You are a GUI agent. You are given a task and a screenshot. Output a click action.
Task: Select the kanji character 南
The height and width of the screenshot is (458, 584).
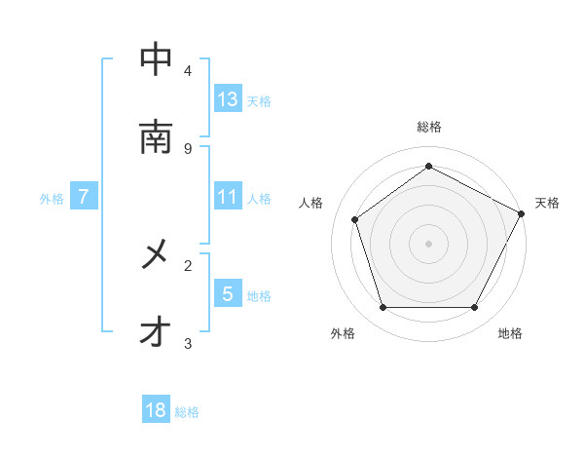156,136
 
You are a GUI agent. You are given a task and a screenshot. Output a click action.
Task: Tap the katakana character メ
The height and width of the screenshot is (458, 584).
156,255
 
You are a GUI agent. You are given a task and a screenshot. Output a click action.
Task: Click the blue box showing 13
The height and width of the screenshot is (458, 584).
228,98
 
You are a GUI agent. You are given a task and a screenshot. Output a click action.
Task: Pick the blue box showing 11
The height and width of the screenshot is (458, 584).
228,197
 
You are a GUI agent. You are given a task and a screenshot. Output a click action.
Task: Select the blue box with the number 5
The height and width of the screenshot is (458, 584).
228,293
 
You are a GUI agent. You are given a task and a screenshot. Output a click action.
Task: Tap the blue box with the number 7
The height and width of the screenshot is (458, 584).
84,197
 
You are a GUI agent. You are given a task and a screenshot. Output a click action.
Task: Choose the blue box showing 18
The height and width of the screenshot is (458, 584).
156,410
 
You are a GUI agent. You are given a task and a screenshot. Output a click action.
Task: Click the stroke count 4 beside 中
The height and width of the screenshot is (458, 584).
188,70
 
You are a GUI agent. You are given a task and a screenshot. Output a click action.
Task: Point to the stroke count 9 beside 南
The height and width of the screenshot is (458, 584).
188,148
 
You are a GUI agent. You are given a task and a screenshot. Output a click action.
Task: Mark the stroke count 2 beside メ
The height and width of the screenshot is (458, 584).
188,265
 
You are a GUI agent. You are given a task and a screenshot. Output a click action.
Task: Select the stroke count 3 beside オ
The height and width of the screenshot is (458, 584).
188,343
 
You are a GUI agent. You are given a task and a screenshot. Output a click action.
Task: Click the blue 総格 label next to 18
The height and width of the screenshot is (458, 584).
187,412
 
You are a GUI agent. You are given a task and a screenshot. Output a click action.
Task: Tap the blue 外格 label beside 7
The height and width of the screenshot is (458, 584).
52,198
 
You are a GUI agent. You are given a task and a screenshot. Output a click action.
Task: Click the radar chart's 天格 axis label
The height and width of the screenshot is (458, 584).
547,203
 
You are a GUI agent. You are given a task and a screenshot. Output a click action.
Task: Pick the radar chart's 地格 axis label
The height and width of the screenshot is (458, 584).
510,333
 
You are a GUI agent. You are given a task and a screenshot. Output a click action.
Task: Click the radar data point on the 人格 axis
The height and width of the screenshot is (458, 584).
355,219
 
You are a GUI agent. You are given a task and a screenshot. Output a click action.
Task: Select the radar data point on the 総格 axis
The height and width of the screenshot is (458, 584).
428,167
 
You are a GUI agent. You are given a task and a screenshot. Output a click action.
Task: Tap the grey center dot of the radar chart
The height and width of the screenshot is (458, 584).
428,243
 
